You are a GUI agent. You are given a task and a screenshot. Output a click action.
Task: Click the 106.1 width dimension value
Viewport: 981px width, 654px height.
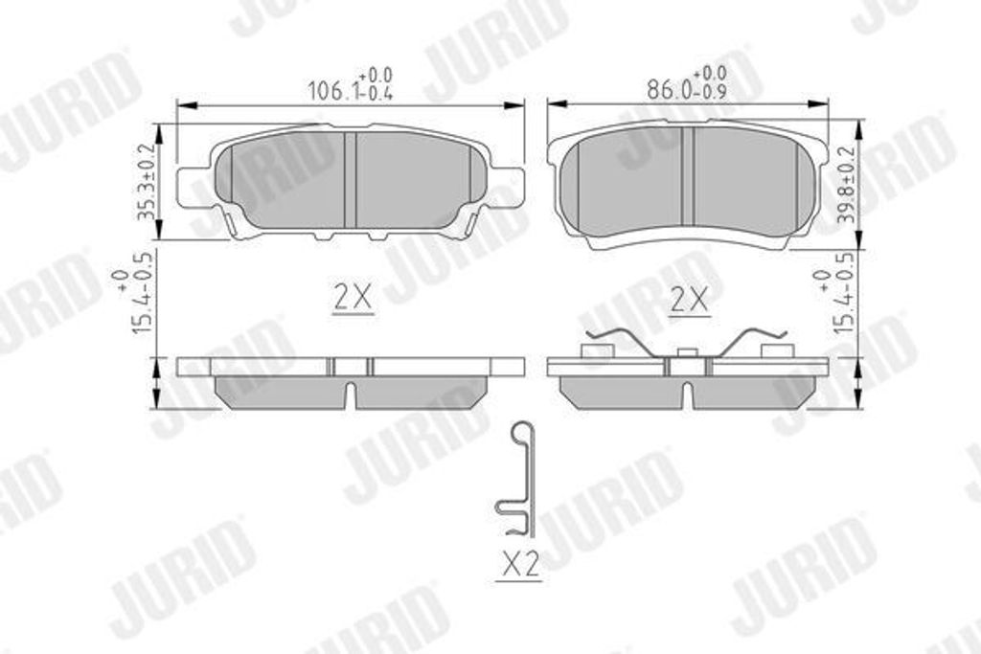coord(332,92)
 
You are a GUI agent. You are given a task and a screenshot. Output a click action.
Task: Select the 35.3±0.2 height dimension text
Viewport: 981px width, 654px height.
coord(146,181)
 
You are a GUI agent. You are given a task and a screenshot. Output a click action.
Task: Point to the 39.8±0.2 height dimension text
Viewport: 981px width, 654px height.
coord(847,185)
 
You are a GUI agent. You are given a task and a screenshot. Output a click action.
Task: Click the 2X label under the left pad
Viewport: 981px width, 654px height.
coord(353,298)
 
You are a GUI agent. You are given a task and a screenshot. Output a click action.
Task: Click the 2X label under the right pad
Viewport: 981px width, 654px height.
coord(689,301)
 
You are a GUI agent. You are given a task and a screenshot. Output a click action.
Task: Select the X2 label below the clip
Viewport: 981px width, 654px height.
coord(519,565)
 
